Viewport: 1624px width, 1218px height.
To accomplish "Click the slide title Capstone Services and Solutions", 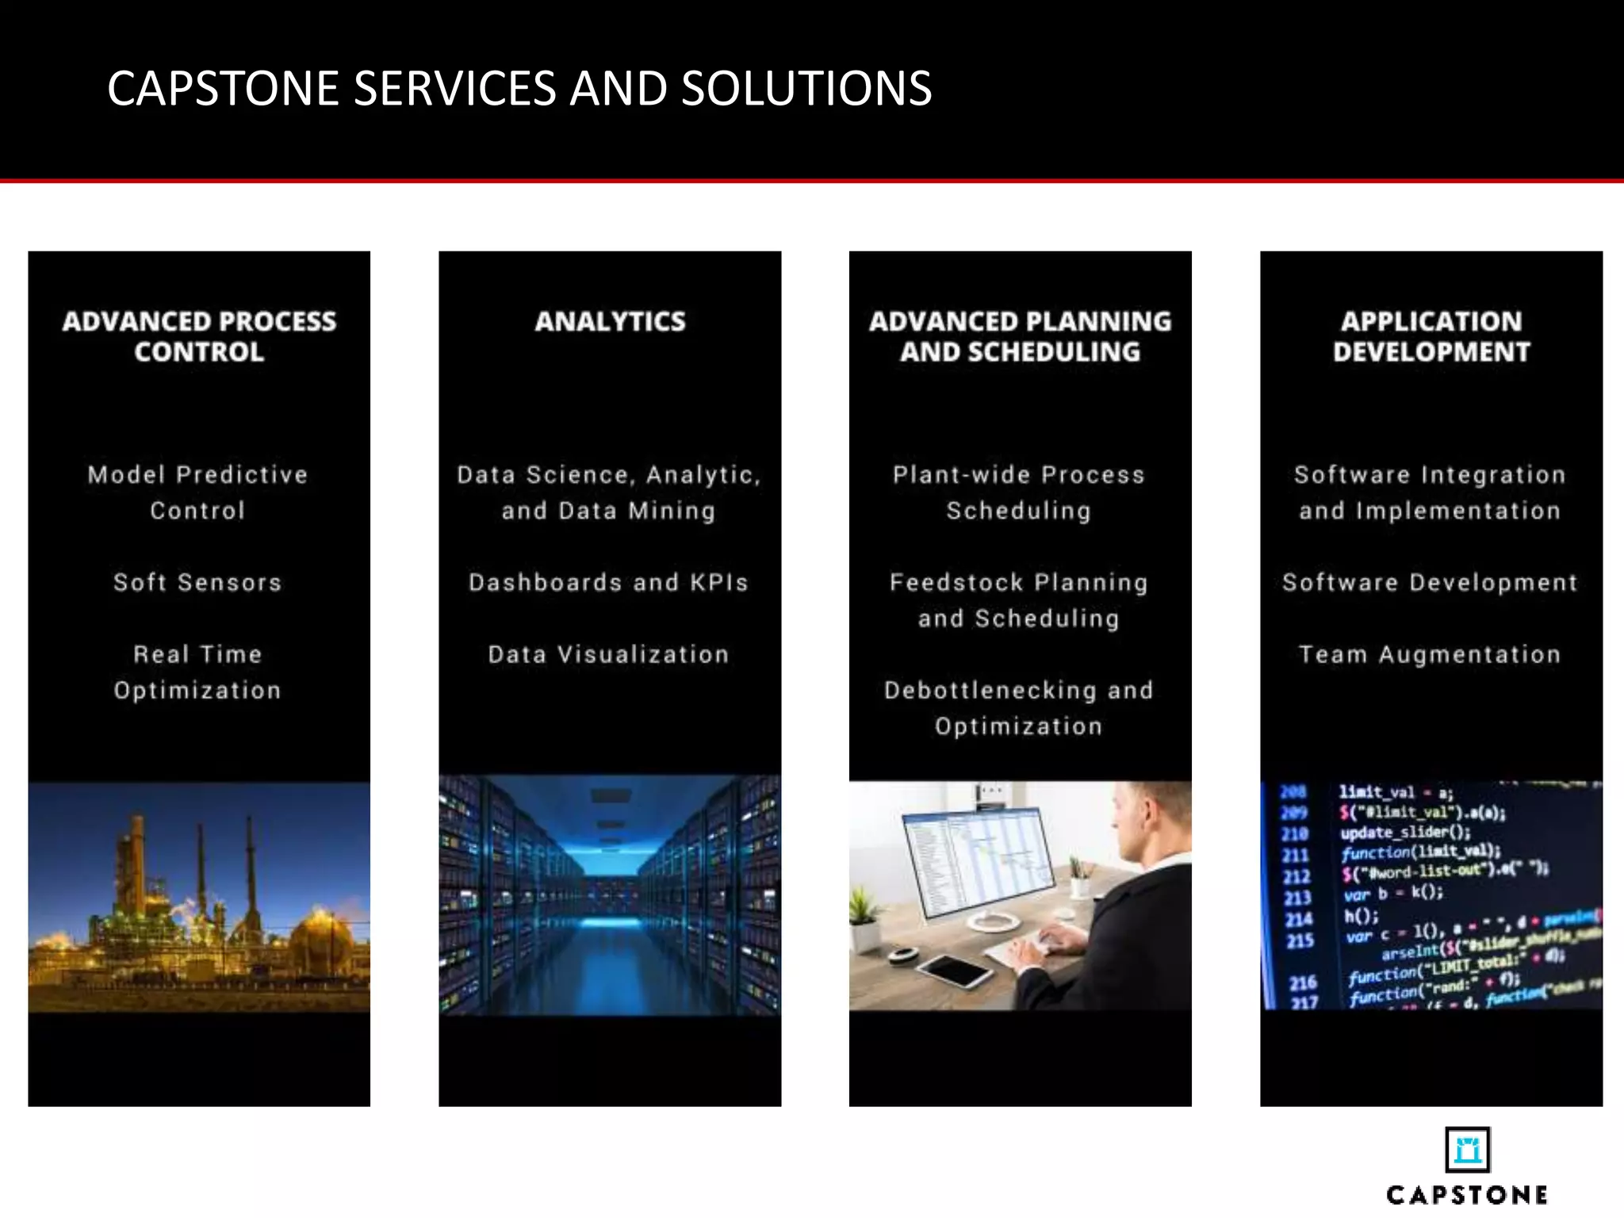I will [x=519, y=88].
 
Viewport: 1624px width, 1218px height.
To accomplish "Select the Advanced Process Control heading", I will [x=199, y=336].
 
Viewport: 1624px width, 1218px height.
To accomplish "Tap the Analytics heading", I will [x=610, y=321].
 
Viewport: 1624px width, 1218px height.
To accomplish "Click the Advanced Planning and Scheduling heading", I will [x=1020, y=336].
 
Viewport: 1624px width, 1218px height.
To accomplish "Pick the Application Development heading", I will [x=1431, y=336].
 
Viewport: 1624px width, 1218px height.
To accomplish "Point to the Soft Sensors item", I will [x=197, y=582].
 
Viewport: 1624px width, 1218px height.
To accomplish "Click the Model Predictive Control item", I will [x=197, y=492].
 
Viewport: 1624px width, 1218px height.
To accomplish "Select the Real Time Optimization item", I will [x=197, y=672].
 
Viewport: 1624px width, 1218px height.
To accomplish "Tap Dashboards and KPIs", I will [x=609, y=582].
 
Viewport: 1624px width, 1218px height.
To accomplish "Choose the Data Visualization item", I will [x=609, y=654].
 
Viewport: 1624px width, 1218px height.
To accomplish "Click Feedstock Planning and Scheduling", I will [x=1019, y=600].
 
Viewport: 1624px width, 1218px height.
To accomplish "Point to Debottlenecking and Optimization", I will [x=1019, y=708].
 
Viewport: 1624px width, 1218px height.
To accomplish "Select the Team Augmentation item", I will [x=1430, y=654].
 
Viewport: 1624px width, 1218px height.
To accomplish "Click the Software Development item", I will [x=1430, y=582].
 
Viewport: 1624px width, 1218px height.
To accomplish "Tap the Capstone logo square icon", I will [x=1467, y=1149].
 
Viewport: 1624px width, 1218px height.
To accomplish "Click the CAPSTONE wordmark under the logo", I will [x=1467, y=1195].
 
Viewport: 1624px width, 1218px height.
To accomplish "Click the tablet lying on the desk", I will [x=955, y=969].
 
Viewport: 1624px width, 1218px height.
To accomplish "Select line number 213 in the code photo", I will [x=1298, y=898].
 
